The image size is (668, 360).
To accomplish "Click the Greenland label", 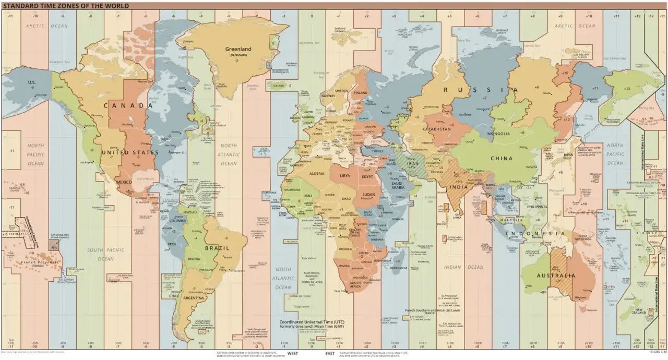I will (238, 49).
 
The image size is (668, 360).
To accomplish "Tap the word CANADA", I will (128, 105).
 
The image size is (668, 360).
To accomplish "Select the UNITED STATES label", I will (130, 152).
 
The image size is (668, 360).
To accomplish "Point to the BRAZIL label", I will (216, 248).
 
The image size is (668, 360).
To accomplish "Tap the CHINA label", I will (501, 158).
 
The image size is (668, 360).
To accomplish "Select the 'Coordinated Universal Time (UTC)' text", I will (312, 322).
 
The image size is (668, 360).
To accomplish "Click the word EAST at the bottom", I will (330, 354).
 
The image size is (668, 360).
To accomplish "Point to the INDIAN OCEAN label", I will (460, 267).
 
